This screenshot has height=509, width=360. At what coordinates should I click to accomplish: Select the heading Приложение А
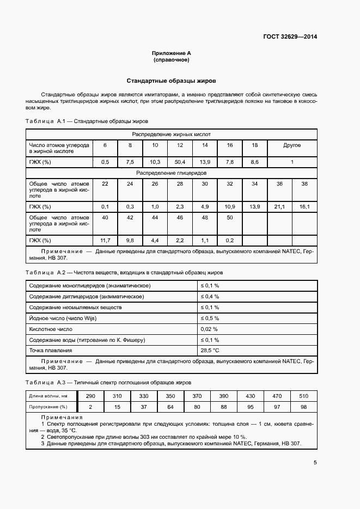[x=172, y=53]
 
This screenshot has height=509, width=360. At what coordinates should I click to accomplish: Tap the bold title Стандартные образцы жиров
[x=172, y=80]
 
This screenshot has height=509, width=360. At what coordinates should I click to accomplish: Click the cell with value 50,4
[x=179, y=162]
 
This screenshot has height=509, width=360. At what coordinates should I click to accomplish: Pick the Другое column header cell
[x=292, y=145]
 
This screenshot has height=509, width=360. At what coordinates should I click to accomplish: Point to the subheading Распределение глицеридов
[x=172, y=173]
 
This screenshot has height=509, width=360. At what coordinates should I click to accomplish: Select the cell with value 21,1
[x=279, y=206]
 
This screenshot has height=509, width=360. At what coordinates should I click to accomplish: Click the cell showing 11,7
[x=105, y=240]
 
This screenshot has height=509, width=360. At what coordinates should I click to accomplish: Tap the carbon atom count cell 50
[x=229, y=217]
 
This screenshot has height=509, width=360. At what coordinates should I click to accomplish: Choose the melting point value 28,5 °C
[x=210, y=351]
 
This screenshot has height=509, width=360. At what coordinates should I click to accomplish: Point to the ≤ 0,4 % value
[x=210, y=296]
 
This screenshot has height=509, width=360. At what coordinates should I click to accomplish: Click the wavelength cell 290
[x=90, y=396]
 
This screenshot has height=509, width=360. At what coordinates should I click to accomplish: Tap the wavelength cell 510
[x=303, y=396]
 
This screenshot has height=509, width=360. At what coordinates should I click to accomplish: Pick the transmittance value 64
[x=170, y=407]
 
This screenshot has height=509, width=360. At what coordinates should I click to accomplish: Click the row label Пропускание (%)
[x=48, y=407]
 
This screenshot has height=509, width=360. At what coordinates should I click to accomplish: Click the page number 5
[x=315, y=463]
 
